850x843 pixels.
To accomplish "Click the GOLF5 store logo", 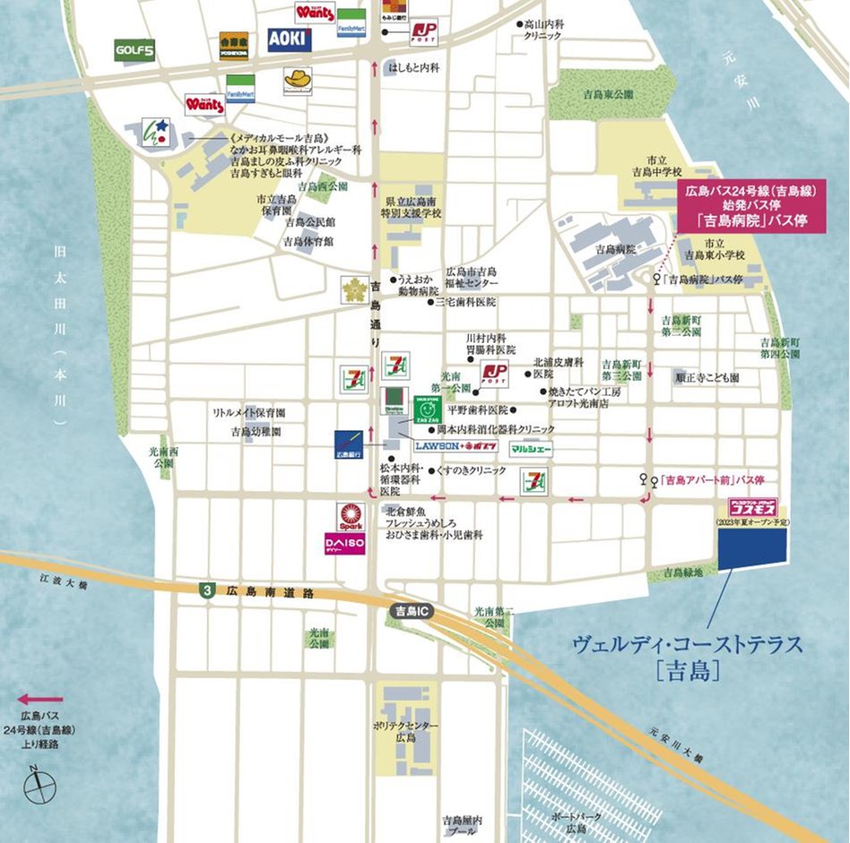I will point(134,50).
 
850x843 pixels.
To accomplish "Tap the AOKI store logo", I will point(290,39).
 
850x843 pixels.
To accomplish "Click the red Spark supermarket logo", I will point(350,516).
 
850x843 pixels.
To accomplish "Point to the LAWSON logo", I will point(437,445).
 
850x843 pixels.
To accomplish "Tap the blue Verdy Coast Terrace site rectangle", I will point(752,546).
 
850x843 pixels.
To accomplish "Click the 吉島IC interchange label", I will point(413,610).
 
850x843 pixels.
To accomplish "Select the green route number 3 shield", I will point(209,591).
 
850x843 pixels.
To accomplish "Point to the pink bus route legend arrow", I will point(40,699).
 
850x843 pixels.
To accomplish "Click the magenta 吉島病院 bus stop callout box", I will point(752,205).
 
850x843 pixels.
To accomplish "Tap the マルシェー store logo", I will point(532,448).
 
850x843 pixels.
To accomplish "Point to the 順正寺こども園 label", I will point(707,378).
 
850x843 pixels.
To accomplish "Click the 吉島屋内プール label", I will point(463,825).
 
